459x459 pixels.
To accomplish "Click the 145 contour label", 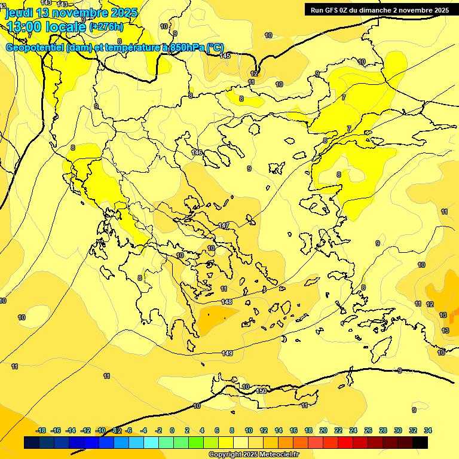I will [225, 56].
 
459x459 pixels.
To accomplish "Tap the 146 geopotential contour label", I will [197, 152].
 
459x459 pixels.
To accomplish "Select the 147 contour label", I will [224, 225].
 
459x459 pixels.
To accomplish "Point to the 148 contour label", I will [227, 302].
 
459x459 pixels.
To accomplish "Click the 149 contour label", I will [227, 353].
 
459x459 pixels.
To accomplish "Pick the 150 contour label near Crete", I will [261, 391].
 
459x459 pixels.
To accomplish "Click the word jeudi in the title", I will [20, 13].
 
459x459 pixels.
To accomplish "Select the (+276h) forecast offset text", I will [106, 27].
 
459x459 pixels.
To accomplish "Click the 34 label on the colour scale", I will [427, 430].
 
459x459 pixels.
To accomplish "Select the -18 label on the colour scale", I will [41, 430].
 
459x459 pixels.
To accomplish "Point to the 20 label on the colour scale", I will [323, 430].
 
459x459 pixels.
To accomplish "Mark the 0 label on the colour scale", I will [172, 430].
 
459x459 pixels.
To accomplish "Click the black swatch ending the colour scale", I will [420, 442].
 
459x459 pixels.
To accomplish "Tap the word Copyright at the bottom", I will [225, 455].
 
